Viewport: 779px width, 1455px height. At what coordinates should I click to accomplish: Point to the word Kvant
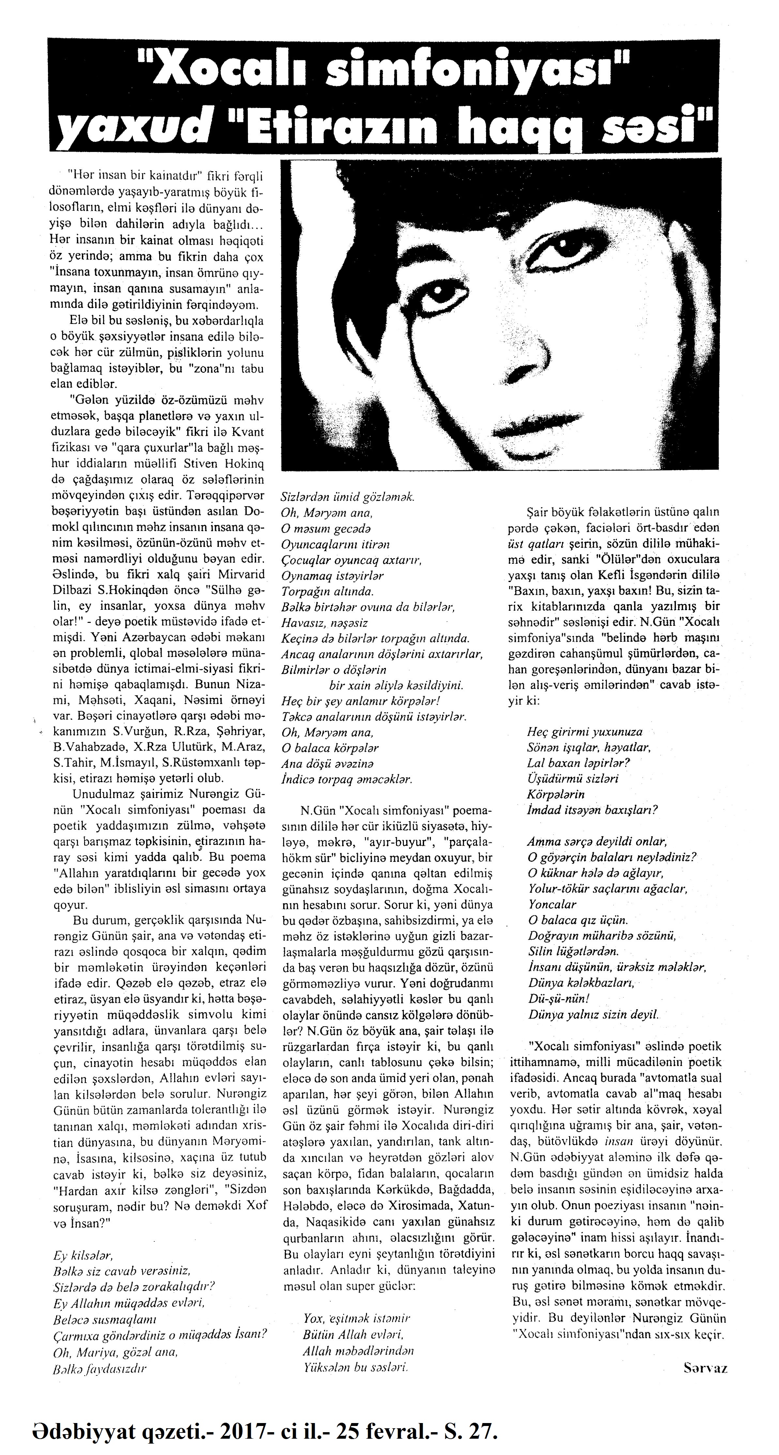click(x=249, y=433)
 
